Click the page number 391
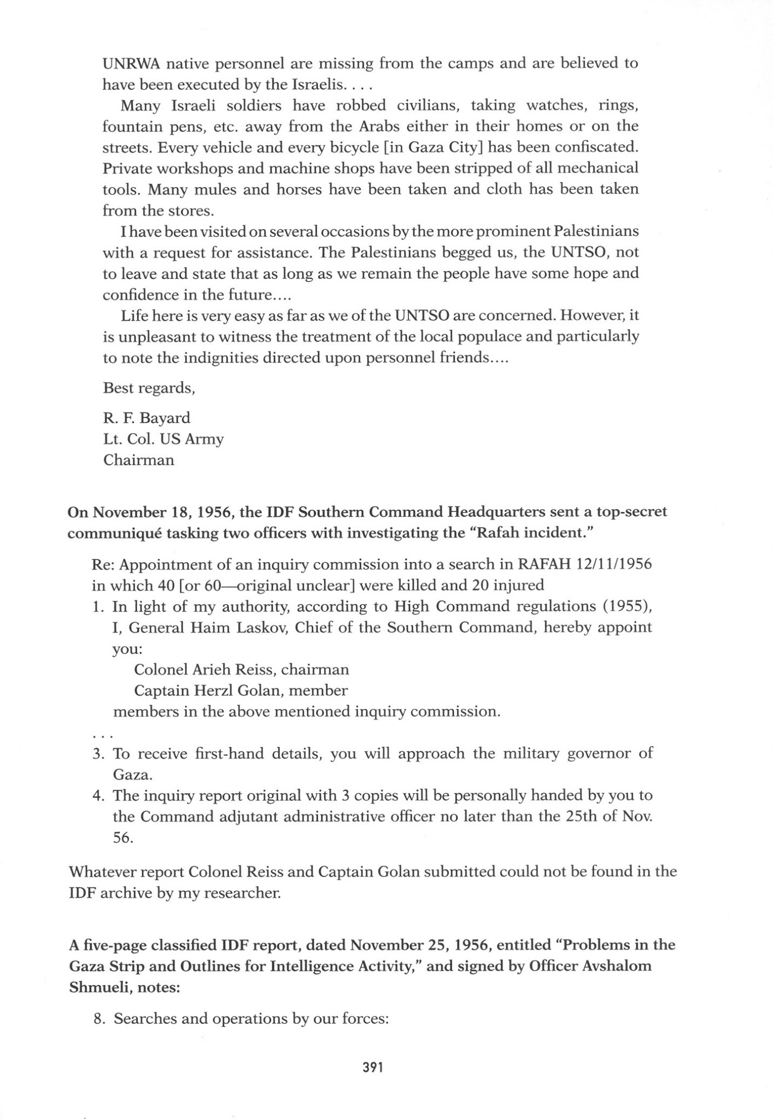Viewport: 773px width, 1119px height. [x=372, y=1067]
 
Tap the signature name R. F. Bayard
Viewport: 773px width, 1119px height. [x=147, y=418]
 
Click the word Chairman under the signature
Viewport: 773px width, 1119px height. [x=139, y=460]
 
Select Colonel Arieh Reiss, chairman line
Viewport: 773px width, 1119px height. [x=241, y=669]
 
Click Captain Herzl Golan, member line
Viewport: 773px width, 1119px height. [x=241, y=691]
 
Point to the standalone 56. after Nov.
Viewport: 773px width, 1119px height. [x=123, y=838]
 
